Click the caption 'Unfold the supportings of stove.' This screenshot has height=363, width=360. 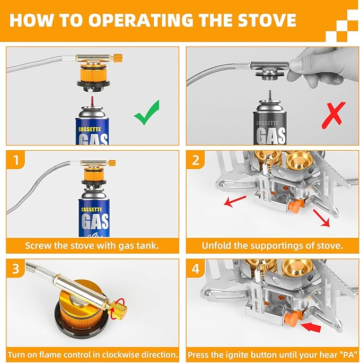pos(272,246)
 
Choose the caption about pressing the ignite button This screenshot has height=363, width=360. pos(272,354)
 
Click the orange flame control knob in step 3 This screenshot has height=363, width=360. pos(120,306)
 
